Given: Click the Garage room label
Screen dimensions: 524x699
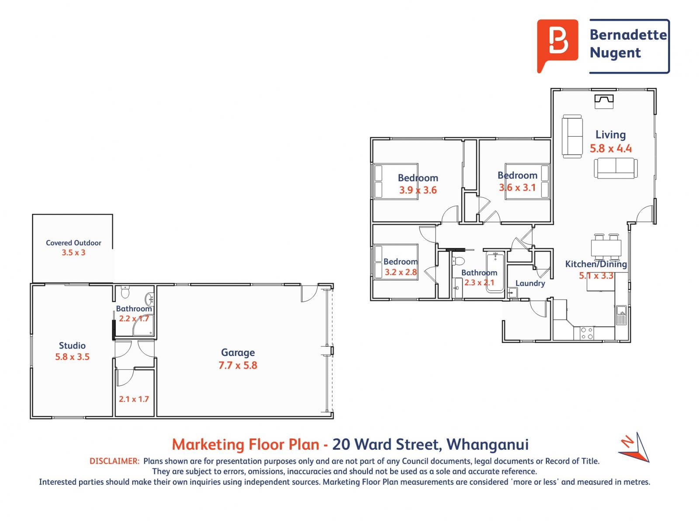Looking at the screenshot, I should (x=238, y=352).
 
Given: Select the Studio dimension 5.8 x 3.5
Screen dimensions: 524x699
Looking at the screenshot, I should (x=72, y=357).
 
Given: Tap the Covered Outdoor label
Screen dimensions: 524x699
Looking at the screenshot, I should (x=73, y=243).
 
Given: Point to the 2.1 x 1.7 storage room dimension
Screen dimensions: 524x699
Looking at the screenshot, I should (x=134, y=399).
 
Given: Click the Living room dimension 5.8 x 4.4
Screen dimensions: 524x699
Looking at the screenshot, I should (x=610, y=148).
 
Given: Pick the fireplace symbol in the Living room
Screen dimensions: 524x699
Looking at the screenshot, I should (x=604, y=101).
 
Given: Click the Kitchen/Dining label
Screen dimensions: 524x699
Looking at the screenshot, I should (x=596, y=264).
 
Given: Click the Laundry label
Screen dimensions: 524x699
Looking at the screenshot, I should (x=530, y=283).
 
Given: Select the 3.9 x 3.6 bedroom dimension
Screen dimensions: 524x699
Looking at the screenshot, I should (x=418, y=190).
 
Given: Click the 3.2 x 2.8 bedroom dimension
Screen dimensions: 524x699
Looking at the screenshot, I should (x=400, y=272).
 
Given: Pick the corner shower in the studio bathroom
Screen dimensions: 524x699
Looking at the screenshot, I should (x=142, y=326).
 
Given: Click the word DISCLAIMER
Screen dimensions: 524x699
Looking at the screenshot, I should (x=114, y=461).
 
